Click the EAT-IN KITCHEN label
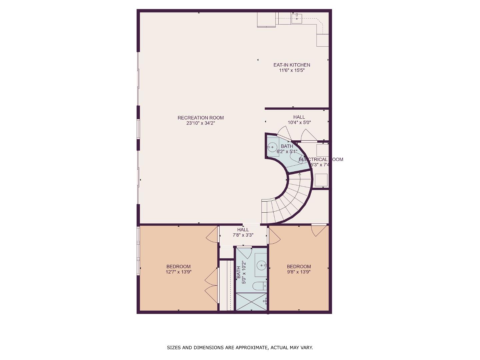[292, 65]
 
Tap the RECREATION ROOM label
[200, 118]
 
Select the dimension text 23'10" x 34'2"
[200, 123]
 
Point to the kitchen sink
[297, 19]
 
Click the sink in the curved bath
[273, 147]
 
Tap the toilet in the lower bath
[259, 286]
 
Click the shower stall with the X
[251, 302]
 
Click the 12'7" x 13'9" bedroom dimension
[178, 272]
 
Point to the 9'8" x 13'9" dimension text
[299, 272]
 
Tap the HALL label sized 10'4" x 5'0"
[299, 117]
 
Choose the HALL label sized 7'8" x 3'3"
[243, 230]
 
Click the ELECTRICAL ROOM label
[321, 159]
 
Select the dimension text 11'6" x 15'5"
[292, 71]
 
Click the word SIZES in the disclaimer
[174, 348]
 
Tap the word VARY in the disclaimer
[307, 348]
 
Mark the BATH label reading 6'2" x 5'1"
[287, 146]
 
